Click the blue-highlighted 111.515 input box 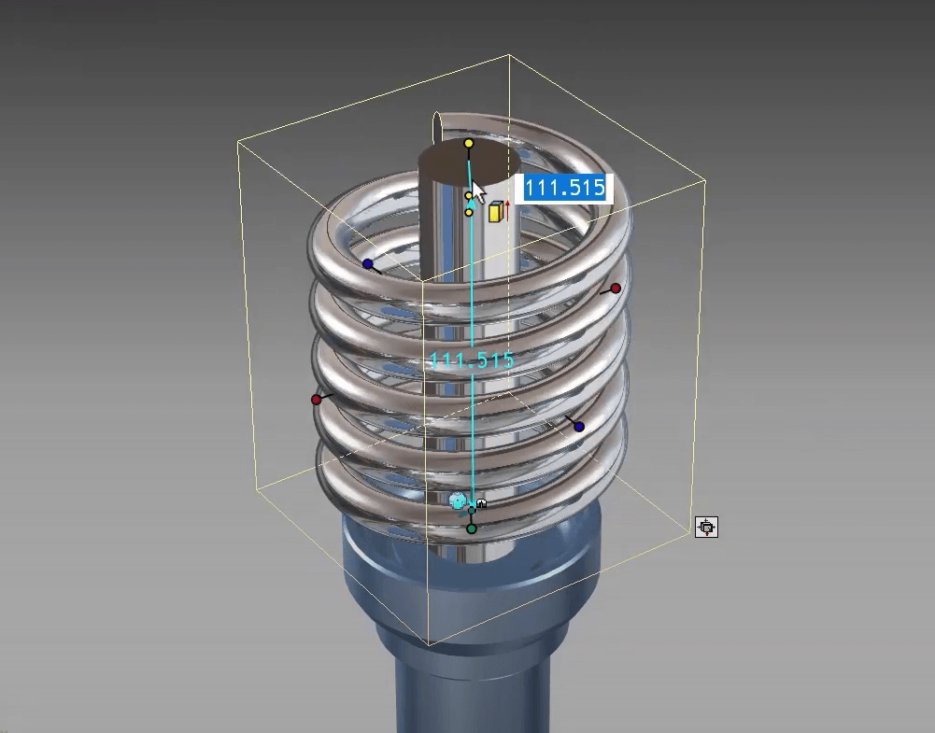(564, 188)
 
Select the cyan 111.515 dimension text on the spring (471, 360)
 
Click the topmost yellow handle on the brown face (469, 144)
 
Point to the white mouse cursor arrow (476, 191)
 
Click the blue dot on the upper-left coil (368, 264)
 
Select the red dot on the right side (615, 289)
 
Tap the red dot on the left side (316, 400)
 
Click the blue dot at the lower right (579, 427)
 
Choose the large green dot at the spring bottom (472, 529)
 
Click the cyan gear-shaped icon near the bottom (458, 501)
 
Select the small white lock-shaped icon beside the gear (482, 503)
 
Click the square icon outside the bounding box (707, 528)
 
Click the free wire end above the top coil (435, 122)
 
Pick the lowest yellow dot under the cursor (469, 213)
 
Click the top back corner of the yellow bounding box (509, 55)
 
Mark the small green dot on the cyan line (472, 510)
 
